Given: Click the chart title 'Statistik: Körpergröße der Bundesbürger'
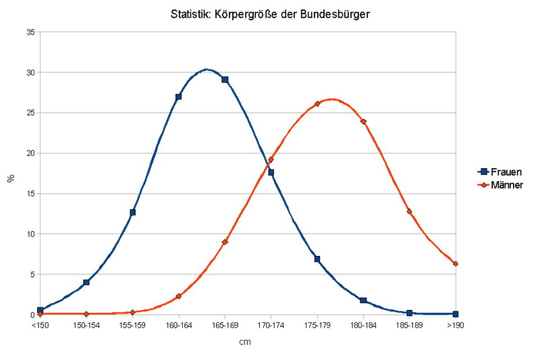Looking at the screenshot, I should coord(270,14).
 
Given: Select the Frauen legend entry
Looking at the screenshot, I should coord(502,172).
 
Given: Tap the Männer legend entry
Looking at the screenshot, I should coord(502,184).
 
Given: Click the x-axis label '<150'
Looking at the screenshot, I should coord(40,326).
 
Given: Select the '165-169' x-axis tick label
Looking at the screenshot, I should coord(225,326).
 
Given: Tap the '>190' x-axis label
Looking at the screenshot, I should coord(456,326).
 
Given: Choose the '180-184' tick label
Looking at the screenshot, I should coord(363,326).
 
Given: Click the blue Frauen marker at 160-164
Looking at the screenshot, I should coord(179,97).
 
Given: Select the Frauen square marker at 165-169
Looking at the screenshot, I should coord(225,80).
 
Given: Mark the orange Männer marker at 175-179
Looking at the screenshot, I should coord(317,104).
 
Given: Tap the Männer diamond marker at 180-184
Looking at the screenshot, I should coord(363,122).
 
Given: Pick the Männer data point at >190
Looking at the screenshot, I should coord(456,263).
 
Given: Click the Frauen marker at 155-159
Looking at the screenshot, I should coord(133,212).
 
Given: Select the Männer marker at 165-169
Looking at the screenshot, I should coord(225,242).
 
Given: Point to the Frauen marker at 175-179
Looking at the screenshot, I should coord(317,259).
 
